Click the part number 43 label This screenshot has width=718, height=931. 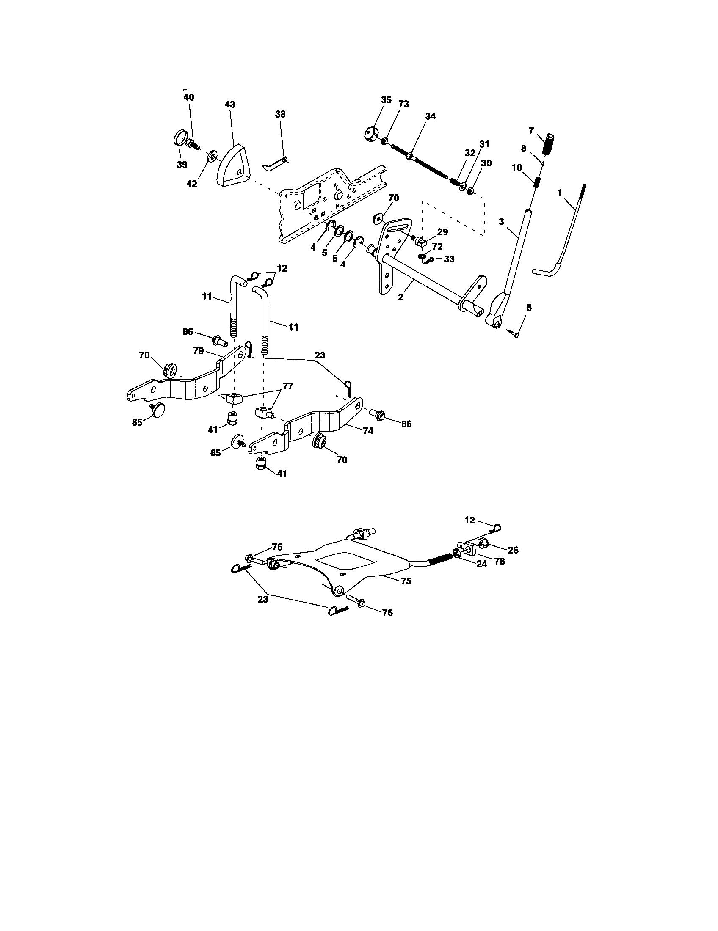point(230,105)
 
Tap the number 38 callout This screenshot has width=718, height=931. point(280,114)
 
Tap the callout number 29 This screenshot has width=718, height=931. point(442,232)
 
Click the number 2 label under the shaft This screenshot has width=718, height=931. point(400,297)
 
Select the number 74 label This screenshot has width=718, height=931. point(368,431)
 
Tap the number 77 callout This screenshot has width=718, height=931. point(288,386)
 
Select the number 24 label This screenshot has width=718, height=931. point(481,564)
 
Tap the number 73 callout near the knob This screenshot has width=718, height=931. point(403,104)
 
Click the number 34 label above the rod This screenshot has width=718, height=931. point(430,116)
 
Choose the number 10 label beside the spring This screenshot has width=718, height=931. point(517,168)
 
